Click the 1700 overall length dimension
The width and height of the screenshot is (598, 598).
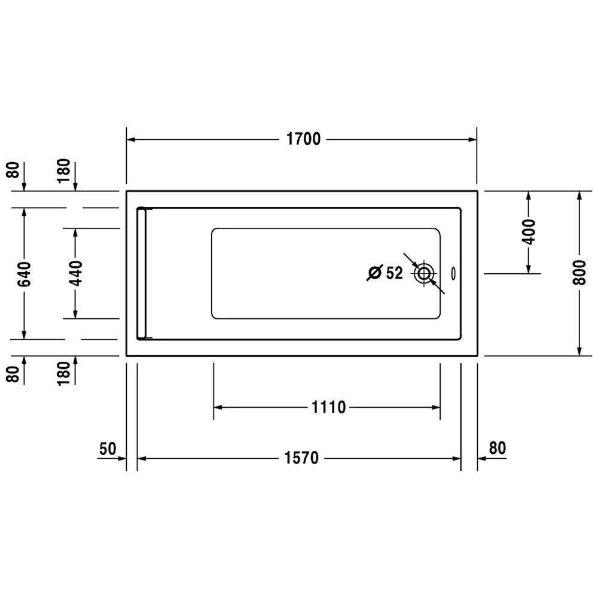303,140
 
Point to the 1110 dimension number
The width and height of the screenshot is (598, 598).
328,408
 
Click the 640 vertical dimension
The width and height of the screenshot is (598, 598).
24,273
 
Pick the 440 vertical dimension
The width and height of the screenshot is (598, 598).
75,273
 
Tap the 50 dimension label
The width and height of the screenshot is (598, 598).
107,447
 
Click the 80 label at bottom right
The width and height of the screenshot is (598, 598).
498,447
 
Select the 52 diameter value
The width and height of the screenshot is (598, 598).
394,273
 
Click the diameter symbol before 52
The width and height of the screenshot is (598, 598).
375,273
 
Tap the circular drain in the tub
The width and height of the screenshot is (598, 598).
425,274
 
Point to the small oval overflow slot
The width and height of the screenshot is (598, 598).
453,273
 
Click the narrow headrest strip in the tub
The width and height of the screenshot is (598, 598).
142,274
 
